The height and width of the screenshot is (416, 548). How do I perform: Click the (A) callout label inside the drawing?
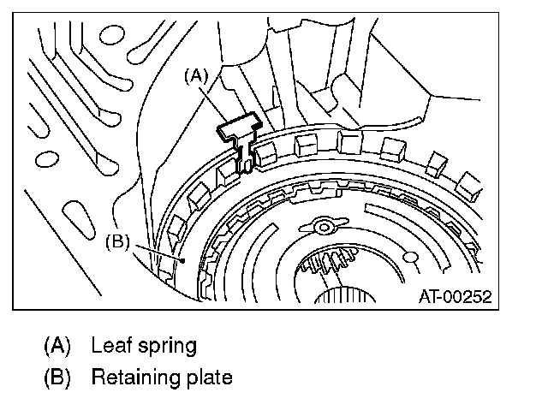pyautogui.click(x=196, y=76)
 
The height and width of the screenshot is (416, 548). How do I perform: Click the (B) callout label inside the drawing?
pyautogui.click(x=118, y=241)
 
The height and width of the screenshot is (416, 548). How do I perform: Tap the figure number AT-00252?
pyautogui.click(x=456, y=296)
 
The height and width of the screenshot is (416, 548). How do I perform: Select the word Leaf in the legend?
pyautogui.click(x=111, y=345)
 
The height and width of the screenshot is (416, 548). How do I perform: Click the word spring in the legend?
pyautogui.click(x=168, y=347)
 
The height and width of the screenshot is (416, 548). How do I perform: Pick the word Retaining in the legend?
pyautogui.click(x=136, y=378)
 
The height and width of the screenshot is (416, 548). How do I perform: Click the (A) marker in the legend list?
pyautogui.click(x=57, y=346)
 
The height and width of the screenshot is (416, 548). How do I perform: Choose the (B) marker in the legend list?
pyautogui.click(x=57, y=377)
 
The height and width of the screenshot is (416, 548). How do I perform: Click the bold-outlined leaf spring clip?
pyautogui.click(x=241, y=137)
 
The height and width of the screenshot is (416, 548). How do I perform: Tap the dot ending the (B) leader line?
pyautogui.click(x=182, y=260)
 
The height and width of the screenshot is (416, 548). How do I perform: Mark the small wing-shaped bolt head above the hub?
pyautogui.click(x=324, y=226)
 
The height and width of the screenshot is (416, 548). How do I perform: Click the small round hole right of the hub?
pyautogui.click(x=410, y=257)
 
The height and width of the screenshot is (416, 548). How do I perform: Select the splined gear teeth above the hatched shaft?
pyautogui.click(x=328, y=260)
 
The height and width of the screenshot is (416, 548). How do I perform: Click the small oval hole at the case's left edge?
pyautogui.click(x=47, y=158)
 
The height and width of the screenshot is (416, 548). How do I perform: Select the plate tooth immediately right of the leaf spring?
pyautogui.click(x=266, y=154)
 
